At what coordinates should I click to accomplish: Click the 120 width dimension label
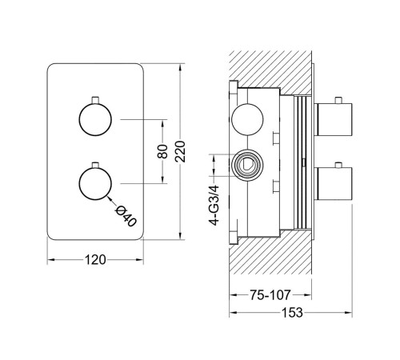pyautogui.click(x=95, y=259)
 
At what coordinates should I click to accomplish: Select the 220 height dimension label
pyautogui.click(x=181, y=152)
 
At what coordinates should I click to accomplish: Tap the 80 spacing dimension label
pyautogui.click(x=162, y=151)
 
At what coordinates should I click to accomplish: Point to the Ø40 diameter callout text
pyautogui.click(x=126, y=217)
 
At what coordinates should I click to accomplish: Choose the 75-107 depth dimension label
pyautogui.click(x=270, y=295)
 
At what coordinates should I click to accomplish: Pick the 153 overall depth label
pyautogui.click(x=292, y=313)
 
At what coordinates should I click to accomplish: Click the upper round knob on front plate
pyautogui.click(x=95, y=119)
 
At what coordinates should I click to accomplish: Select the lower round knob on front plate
pyautogui.click(x=95, y=184)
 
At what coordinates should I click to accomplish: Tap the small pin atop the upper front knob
pyautogui.click(x=95, y=100)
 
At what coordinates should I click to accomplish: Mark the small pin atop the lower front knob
pyautogui.click(x=95, y=165)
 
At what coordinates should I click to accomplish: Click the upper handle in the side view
pyautogui.click(x=333, y=119)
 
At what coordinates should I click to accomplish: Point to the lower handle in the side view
pyautogui.click(x=333, y=184)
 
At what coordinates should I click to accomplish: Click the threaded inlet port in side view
pyautogui.click(x=247, y=165)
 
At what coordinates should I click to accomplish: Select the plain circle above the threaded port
pyautogui.click(x=247, y=119)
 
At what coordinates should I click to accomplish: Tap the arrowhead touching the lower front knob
pyautogui.click(x=109, y=198)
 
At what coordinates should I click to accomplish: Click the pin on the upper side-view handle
pyautogui.click(x=338, y=101)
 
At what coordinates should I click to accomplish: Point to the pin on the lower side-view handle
pyautogui.click(x=338, y=165)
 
